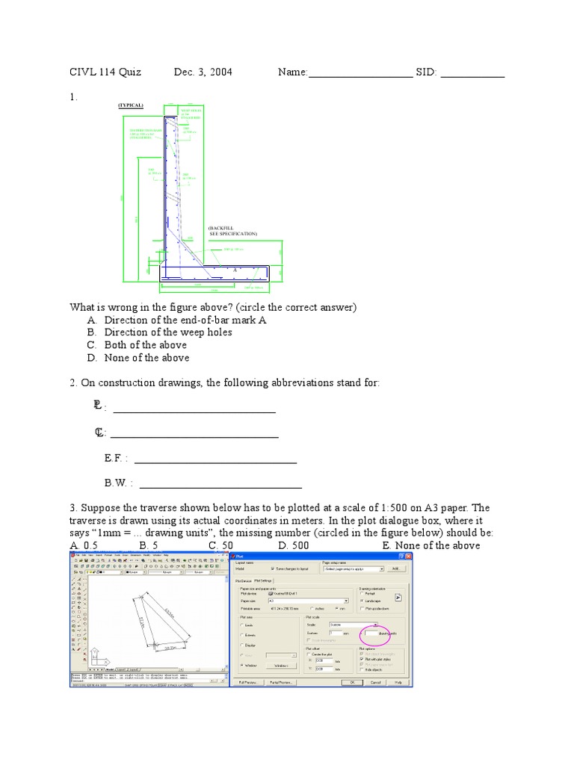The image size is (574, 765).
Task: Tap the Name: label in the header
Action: (x=293, y=72)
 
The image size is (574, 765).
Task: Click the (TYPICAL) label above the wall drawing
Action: (x=130, y=105)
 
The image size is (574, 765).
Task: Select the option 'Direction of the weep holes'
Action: (x=168, y=332)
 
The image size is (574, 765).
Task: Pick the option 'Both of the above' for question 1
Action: (x=145, y=345)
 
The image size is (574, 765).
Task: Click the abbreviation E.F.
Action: (x=116, y=458)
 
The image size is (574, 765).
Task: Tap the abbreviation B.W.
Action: (x=118, y=483)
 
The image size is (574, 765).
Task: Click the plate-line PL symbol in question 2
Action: (x=98, y=407)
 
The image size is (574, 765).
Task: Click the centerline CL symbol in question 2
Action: (x=99, y=433)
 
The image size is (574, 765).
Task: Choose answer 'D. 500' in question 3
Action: (x=294, y=545)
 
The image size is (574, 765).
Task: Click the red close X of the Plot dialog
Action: (x=408, y=556)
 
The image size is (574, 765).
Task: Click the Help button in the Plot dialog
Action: (x=398, y=682)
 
